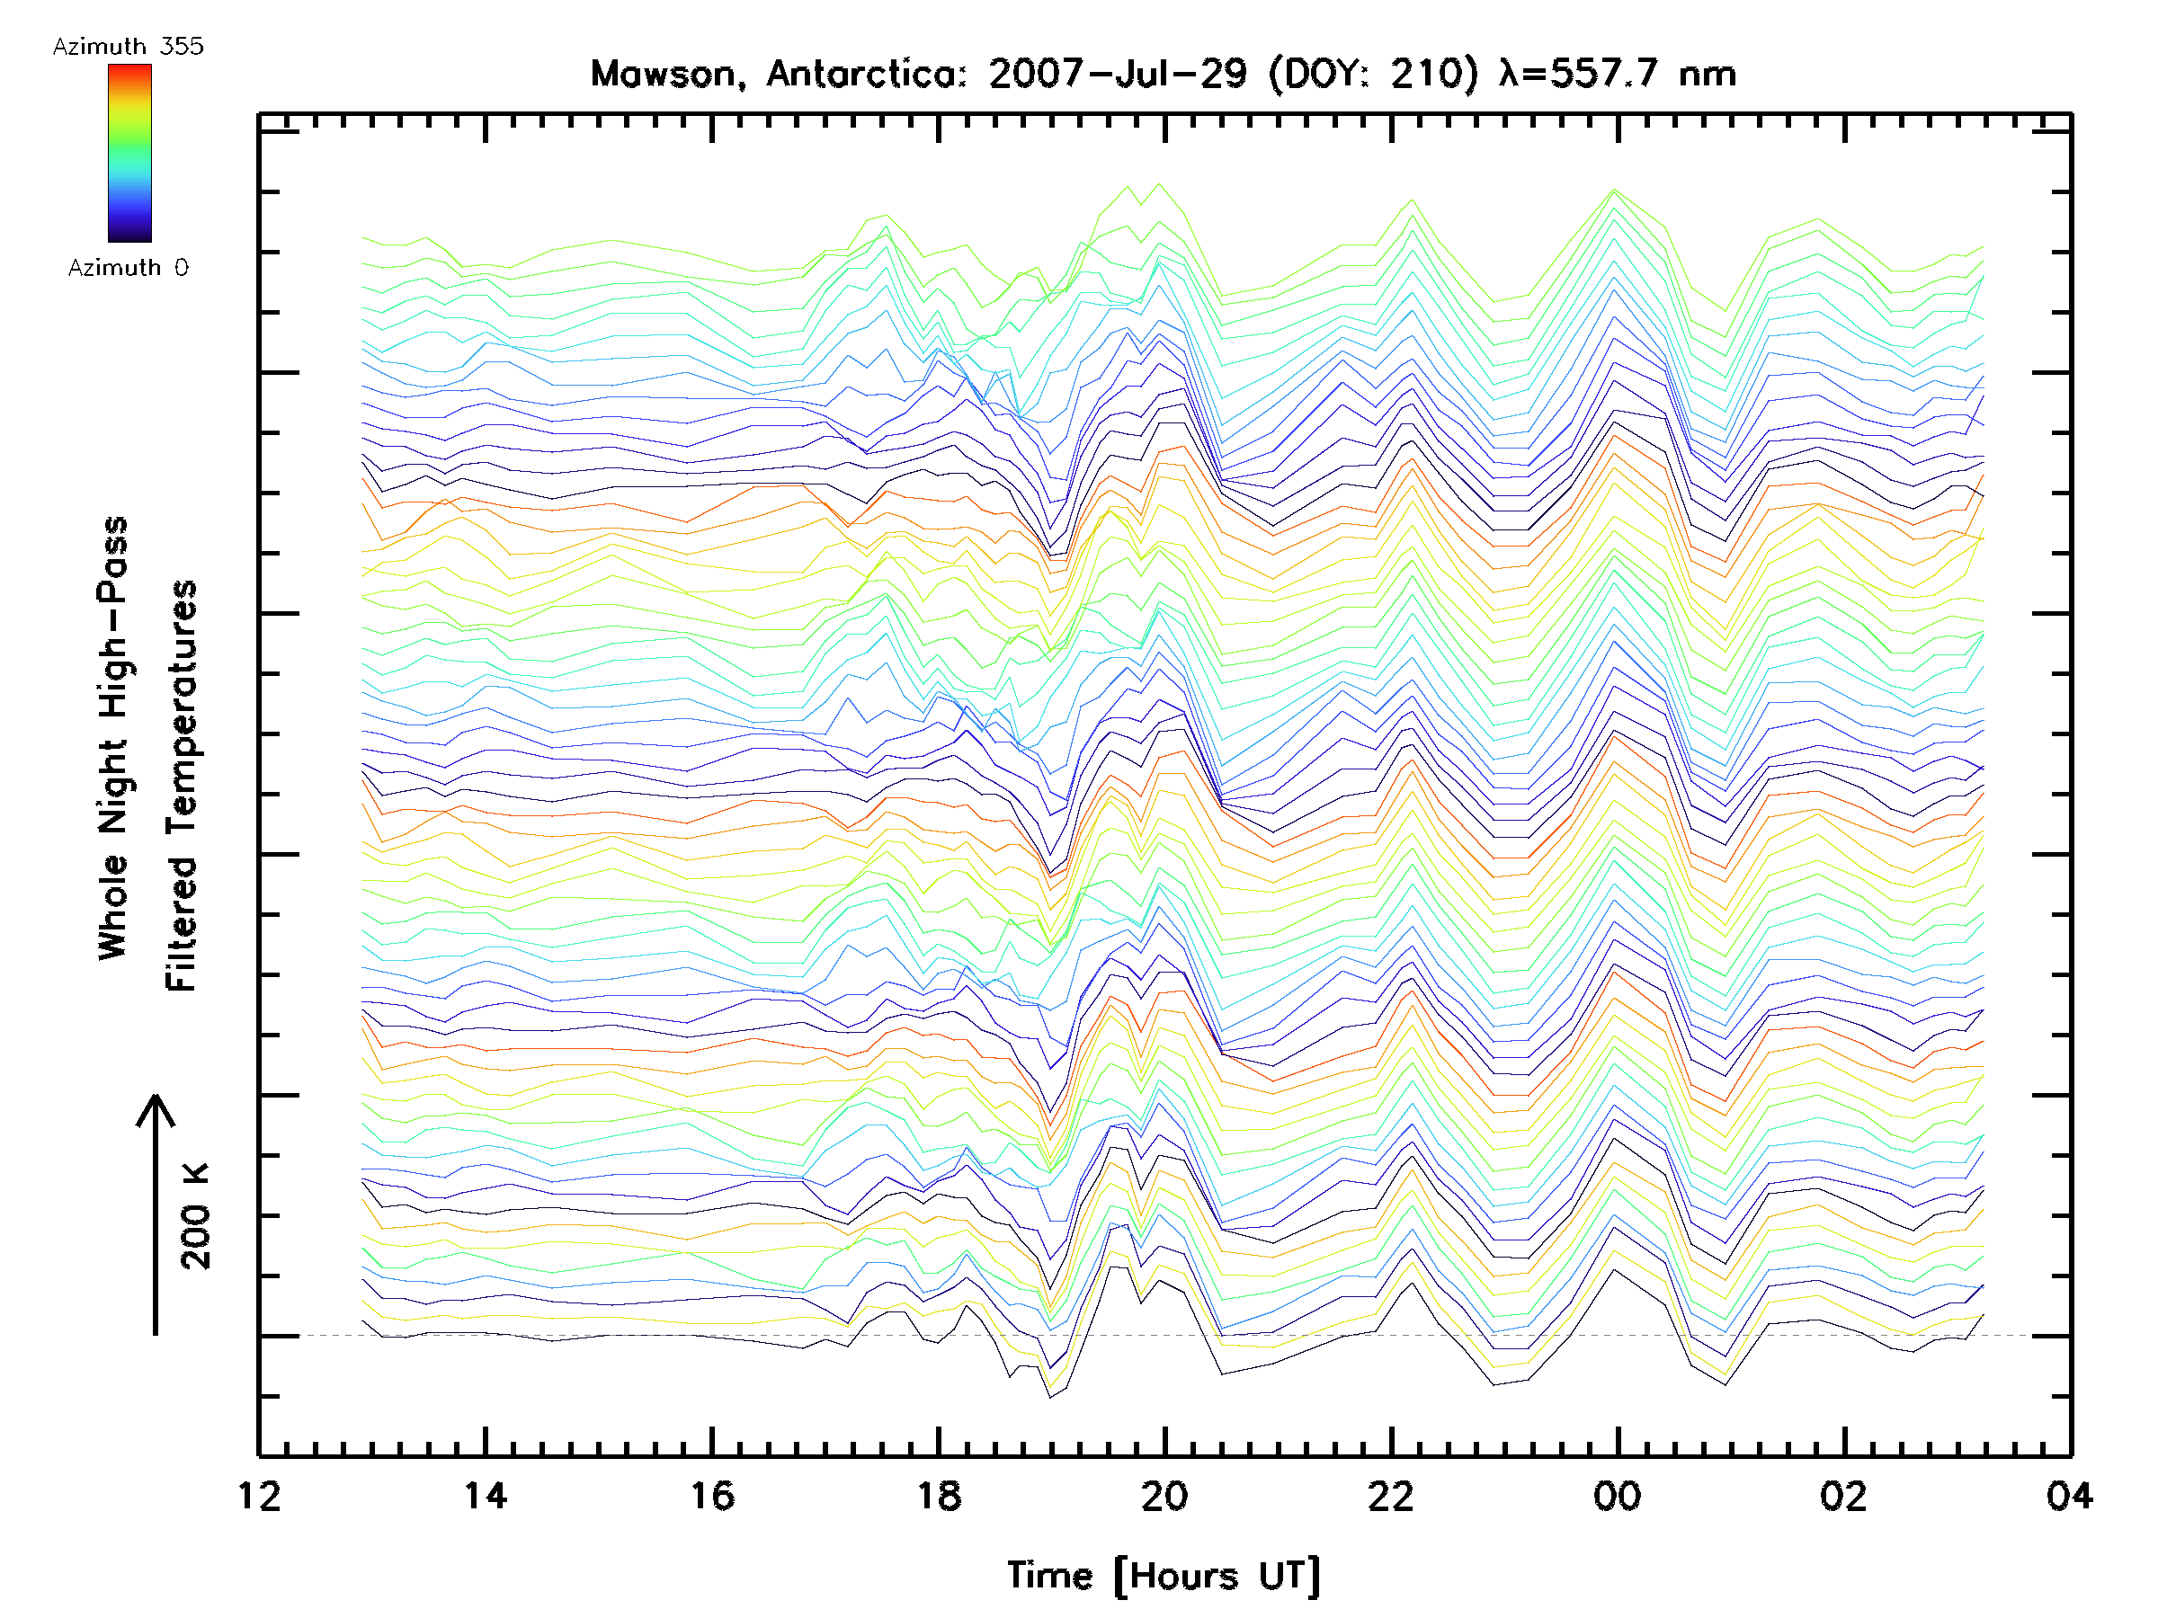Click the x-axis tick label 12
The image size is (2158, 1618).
pyautogui.click(x=259, y=1496)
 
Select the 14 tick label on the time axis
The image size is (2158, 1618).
pyautogui.click(x=485, y=1496)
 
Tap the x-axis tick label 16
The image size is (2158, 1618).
pyautogui.click(x=712, y=1496)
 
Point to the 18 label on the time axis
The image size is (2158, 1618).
pyautogui.click(x=939, y=1496)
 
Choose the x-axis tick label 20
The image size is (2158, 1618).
pyautogui.click(x=1164, y=1496)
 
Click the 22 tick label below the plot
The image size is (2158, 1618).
pyautogui.click(x=1391, y=1496)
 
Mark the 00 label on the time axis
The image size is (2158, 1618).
pyautogui.click(x=1618, y=1496)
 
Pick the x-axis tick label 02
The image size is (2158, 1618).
pyautogui.click(x=1844, y=1496)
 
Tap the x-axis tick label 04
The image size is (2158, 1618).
pyautogui.click(x=2069, y=1496)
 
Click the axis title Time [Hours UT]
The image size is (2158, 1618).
pyautogui.click(x=1163, y=1576)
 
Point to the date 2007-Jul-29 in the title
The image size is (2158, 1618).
pyautogui.click(x=1117, y=74)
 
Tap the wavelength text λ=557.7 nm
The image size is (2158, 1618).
pyautogui.click(x=1618, y=74)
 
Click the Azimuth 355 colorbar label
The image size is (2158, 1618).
pyautogui.click(x=128, y=47)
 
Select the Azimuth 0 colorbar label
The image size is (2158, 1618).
pyautogui.click(x=128, y=268)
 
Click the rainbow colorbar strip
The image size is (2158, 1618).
pyautogui.click(x=129, y=153)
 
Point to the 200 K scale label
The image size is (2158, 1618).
pyautogui.click(x=196, y=1216)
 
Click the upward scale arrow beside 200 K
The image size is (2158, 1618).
pyautogui.click(x=156, y=1214)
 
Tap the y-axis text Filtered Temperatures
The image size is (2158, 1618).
pyautogui.click(x=182, y=787)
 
